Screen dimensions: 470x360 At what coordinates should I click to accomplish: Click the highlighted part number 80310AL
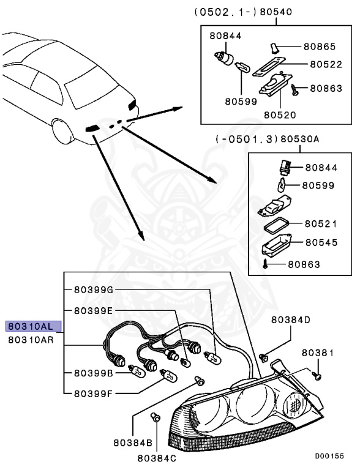(33, 326)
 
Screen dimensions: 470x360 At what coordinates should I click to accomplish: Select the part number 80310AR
(33, 340)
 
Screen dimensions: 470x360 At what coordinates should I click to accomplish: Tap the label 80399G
(94, 289)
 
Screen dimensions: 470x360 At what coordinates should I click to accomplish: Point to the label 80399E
(94, 311)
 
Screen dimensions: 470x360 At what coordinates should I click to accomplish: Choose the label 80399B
(94, 373)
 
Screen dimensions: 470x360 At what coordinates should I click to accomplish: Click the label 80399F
(94, 394)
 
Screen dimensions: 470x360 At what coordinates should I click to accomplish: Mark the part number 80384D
(291, 319)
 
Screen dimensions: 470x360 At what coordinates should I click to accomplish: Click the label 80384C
(157, 457)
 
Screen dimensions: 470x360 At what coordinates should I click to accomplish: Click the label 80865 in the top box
(319, 46)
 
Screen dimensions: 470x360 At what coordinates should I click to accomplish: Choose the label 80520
(280, 114)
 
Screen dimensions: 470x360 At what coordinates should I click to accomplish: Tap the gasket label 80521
(321, 224)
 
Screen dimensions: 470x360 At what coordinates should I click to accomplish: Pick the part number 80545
(321, 242)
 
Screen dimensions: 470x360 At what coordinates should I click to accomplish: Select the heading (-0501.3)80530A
(267, 140)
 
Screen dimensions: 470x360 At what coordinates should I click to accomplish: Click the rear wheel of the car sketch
(62, 132)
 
